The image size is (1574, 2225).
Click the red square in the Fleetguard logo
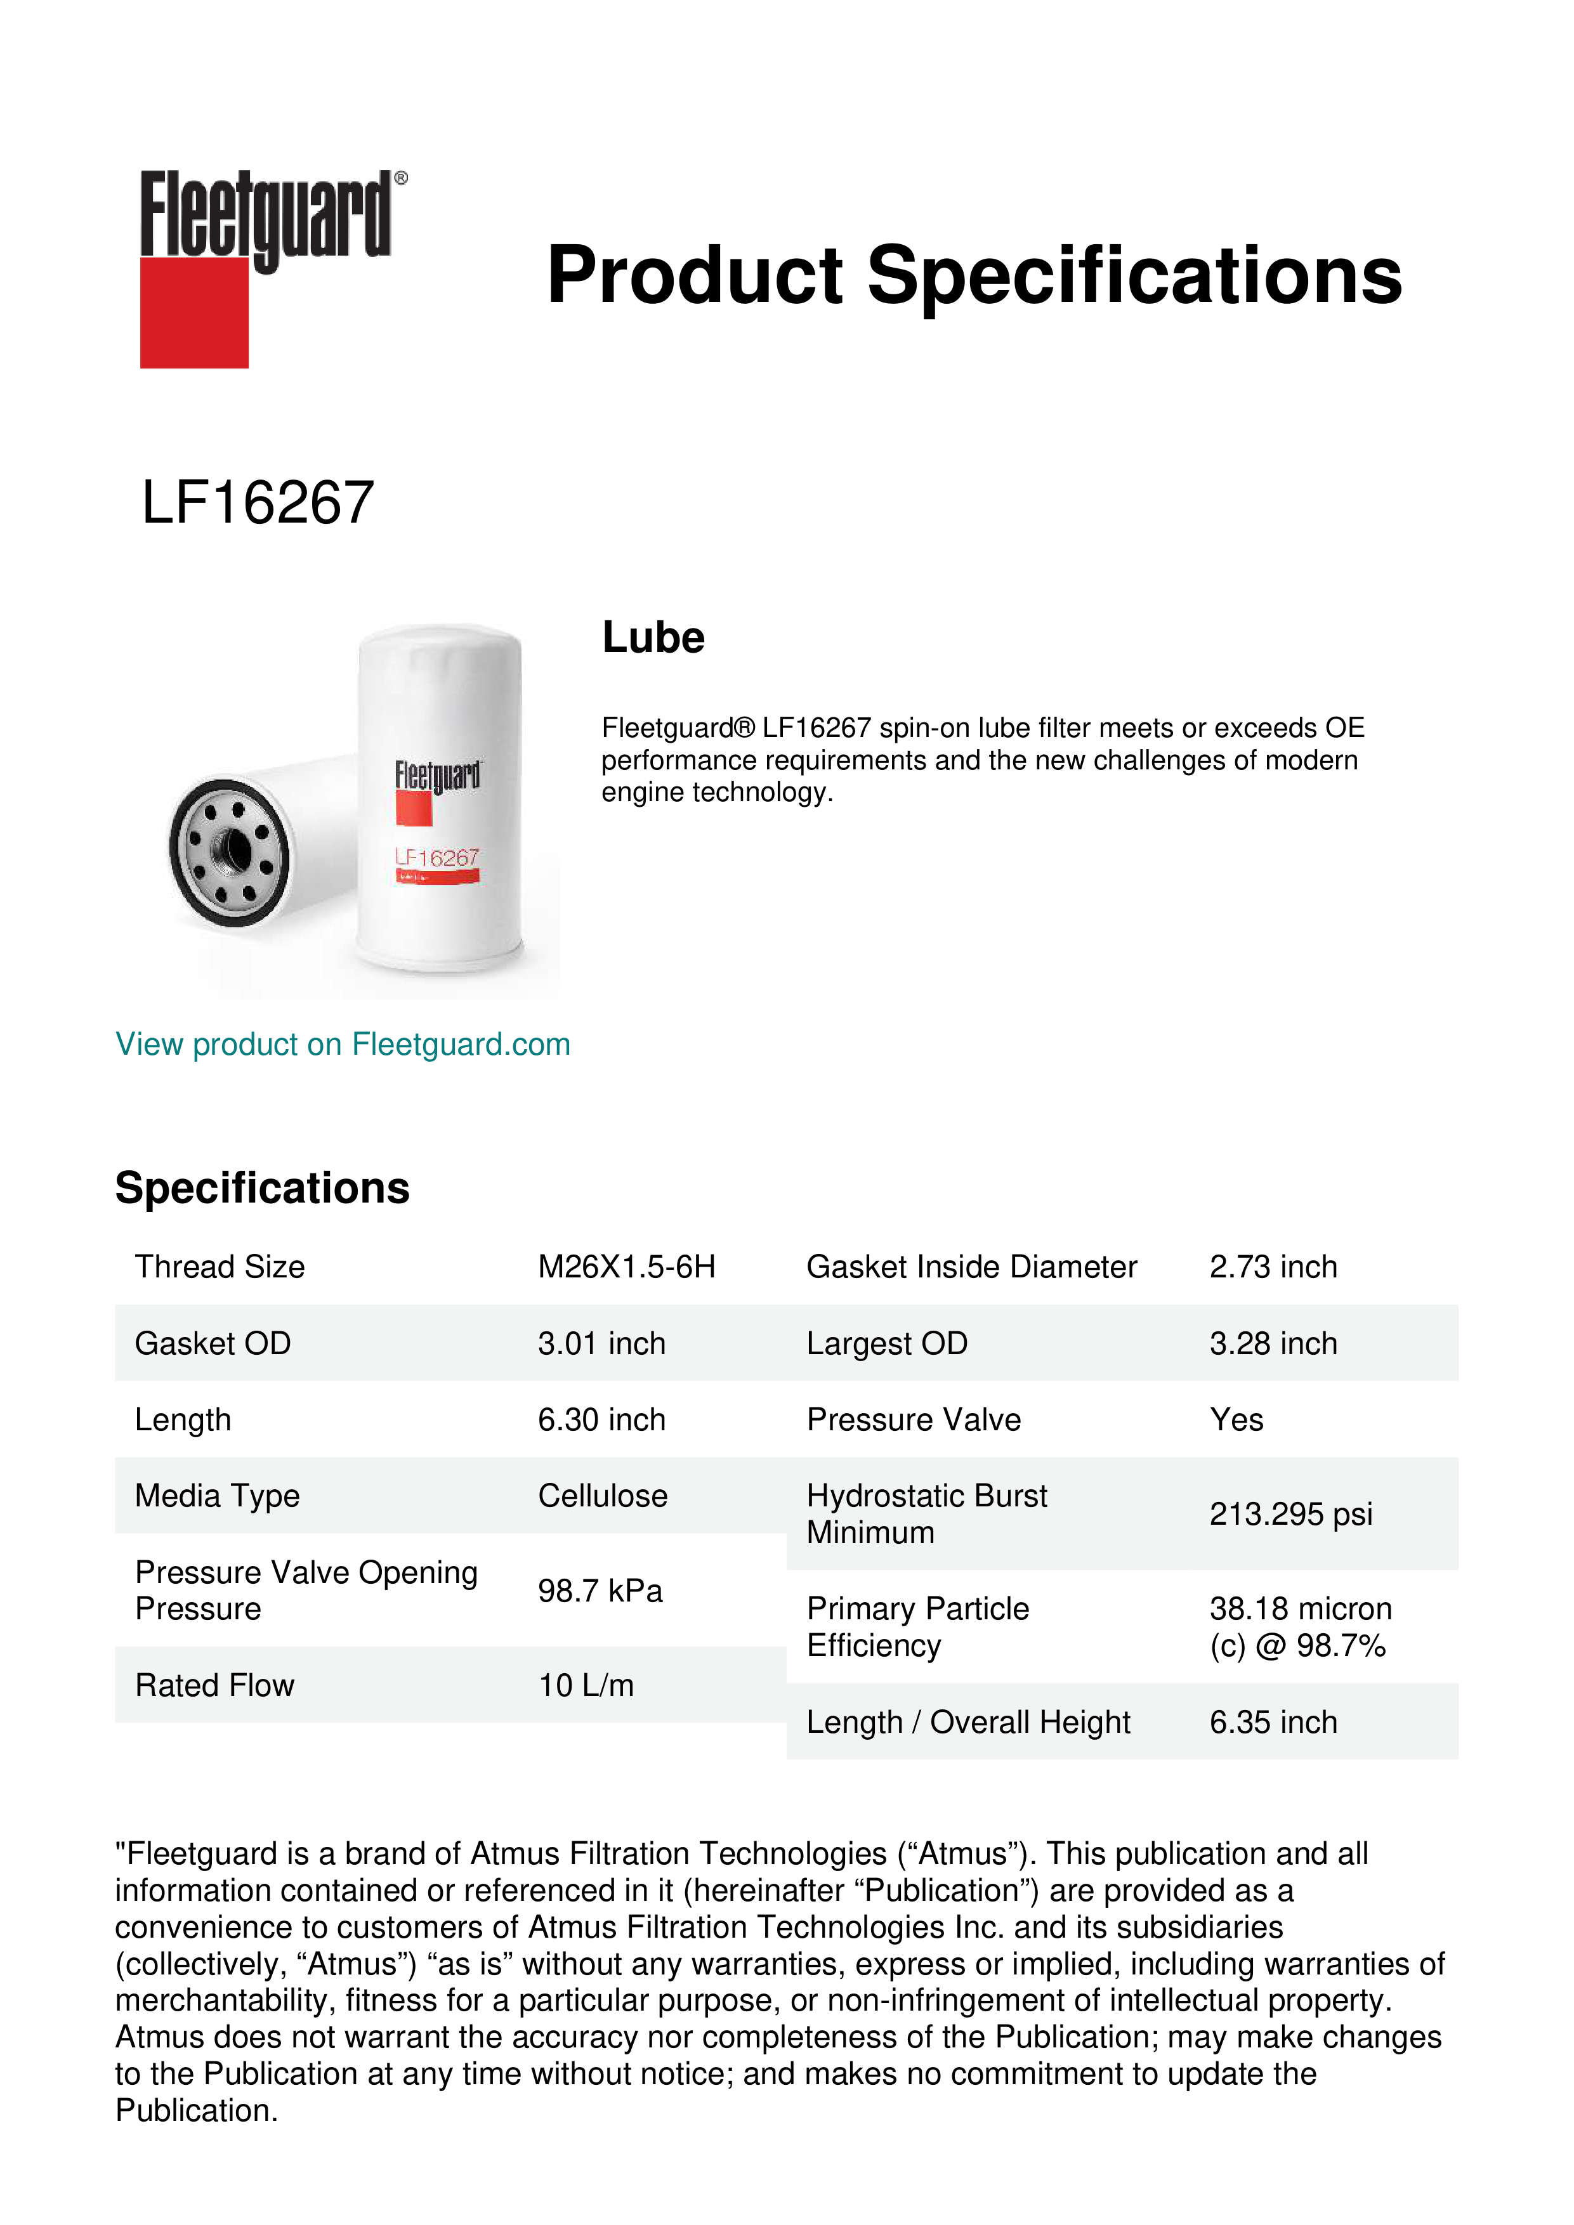click(x=194, y=312)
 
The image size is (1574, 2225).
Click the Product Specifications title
click(x=973, y=275)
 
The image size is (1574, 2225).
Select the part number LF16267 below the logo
click(x=258, y=503)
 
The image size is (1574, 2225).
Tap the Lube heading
click(x=653, y=637)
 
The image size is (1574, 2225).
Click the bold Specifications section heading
click(x=261, y=1188)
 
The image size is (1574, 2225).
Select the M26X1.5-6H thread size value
click(x=626, y=1267)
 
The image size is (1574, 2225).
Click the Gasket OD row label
click(x=213, y=1343)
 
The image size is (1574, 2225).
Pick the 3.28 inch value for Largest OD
click(x=1273, y=1343)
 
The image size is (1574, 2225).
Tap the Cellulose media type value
click(x=602, y=1496)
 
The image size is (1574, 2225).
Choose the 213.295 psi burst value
click(x=1290, y=1514)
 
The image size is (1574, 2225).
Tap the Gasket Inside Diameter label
click(x=971, y=1267)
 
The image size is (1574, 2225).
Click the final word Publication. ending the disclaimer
click(x=197, y=2111)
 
